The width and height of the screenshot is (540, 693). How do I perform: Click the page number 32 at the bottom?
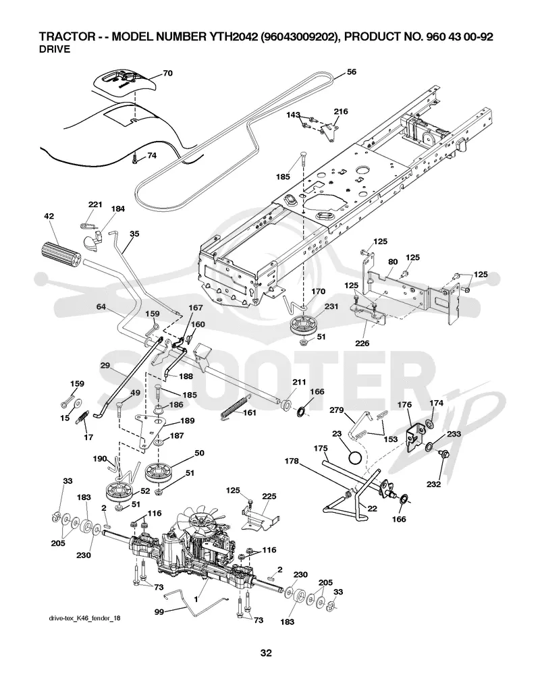(266, 653)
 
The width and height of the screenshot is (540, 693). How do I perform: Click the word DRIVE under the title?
(55, 49)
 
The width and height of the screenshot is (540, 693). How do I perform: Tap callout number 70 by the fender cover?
(167, 74)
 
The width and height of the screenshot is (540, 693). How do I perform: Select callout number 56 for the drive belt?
(351, 72)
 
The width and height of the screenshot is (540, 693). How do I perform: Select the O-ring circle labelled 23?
(356, 458)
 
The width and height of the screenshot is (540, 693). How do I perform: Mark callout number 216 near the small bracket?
(341, 111)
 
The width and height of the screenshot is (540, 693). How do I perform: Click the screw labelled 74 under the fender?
(136, 159)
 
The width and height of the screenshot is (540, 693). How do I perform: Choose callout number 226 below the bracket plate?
(362, 343)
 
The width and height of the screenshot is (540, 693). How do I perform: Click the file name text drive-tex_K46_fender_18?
(84, 618)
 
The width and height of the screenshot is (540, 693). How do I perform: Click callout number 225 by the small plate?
(269, 496)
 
